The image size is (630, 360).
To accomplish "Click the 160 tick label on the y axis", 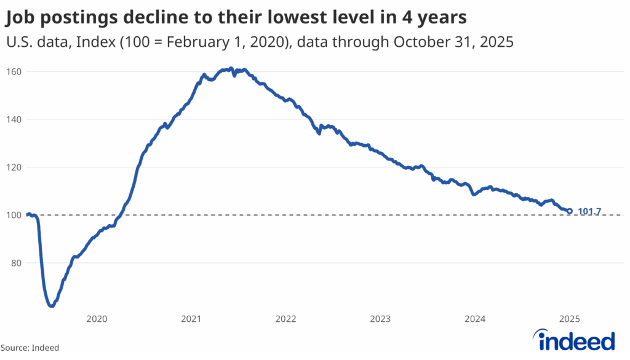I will click(x=14, y=71).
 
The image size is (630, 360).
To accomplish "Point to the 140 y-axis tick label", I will click(x=14, y=119).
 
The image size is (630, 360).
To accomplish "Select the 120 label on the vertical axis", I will click(x=14, y=167).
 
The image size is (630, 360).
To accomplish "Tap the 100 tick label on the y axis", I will click(x=14, y=215).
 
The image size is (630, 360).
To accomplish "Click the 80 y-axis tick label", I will click(x=17, y=263).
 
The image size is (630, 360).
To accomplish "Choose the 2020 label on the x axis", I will click(x=97, y=319).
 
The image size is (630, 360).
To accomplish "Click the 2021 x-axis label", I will click(x=191, y=319).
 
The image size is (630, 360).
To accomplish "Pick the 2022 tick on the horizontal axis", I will click(x=286, y=319).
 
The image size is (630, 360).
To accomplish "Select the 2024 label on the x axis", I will click(x=475, y=319).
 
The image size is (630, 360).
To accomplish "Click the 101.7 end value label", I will click(x=589, y=212).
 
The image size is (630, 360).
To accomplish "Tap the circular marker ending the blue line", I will click(x=570, y=211).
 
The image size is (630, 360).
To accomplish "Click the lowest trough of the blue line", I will click(x=52, y=305).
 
